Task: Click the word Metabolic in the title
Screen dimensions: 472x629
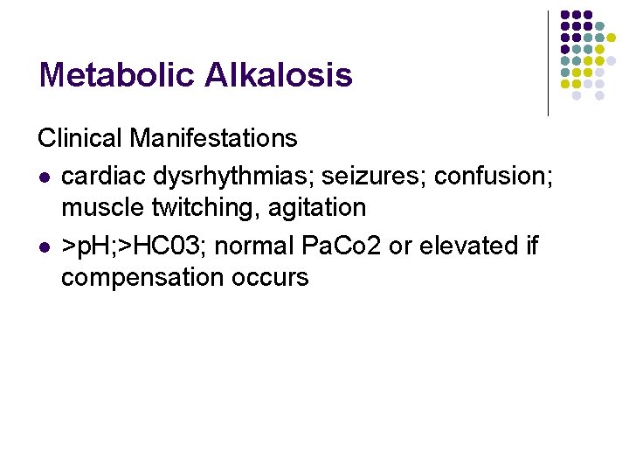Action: (117, 75)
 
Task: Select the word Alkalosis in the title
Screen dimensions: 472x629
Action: (279, 75)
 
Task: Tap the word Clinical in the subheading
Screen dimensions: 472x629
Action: (79, 138)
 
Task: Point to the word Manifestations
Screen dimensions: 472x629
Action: (213, 138)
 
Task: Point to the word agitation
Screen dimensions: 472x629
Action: (312, 208)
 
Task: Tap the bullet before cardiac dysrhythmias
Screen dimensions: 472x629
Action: (43, 177)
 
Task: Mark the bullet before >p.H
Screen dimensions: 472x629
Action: (43, 246)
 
